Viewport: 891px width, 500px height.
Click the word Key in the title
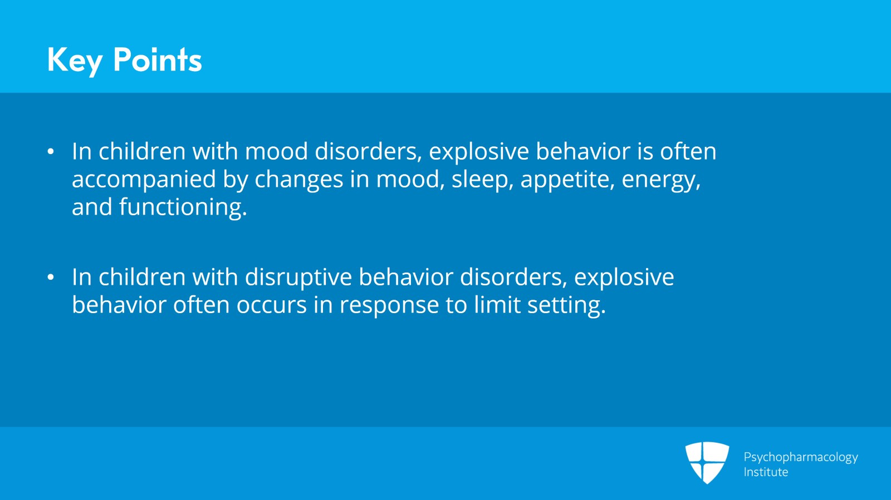point(74,61)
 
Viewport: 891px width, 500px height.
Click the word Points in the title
point(157,60)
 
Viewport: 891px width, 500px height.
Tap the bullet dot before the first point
point(51,151)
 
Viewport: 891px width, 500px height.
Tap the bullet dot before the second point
point(51,277)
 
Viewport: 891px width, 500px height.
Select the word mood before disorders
point(276,152)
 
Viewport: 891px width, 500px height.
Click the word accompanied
point(144,180)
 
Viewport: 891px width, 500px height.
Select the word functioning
point(182,207)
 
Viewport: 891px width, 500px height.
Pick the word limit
point(497,305)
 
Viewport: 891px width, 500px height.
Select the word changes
point(299,180)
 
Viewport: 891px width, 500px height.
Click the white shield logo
point(707,462)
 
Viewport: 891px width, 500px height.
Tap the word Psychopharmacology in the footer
point(800,457)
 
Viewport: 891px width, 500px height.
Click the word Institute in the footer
point(766,472)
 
